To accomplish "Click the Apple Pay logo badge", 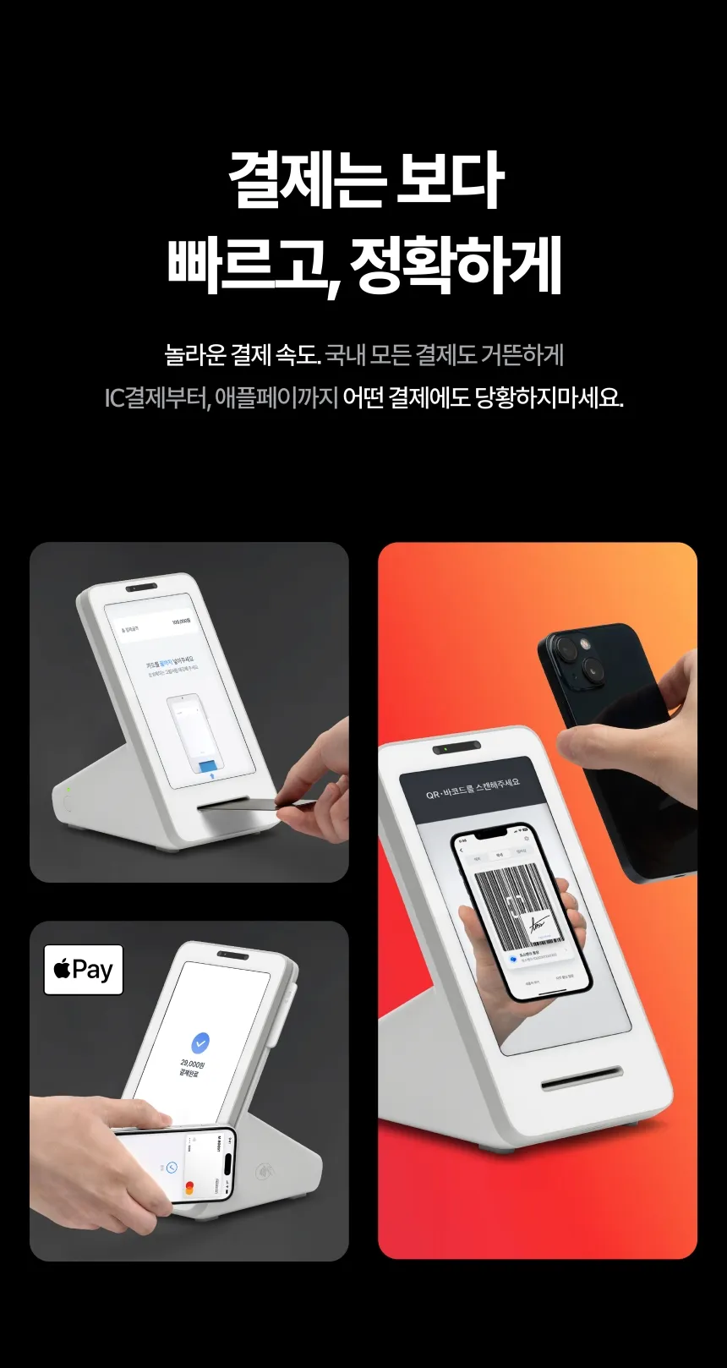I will [84, 969].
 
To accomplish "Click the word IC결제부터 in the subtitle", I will [156, 397].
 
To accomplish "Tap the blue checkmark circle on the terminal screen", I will [200, 1042].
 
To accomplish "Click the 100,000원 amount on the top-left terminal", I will [182, 621].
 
